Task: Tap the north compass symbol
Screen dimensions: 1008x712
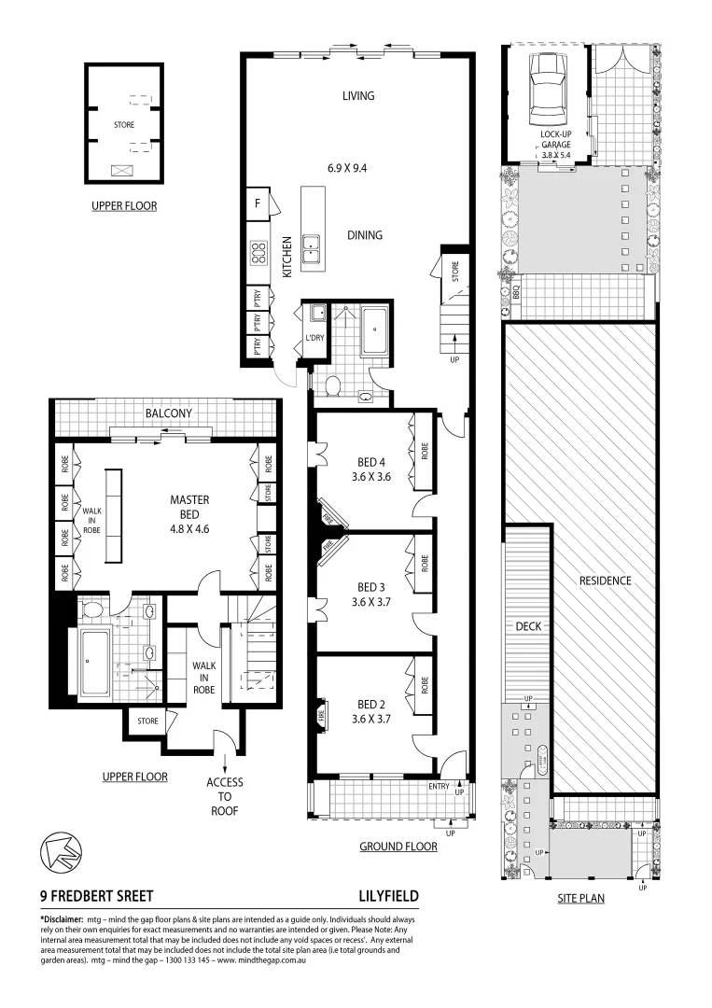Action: (59, 851)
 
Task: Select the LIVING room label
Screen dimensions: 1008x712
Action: (357, 96)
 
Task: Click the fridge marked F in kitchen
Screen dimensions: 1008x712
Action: (257, 203)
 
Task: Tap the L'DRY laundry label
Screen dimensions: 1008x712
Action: (314, 339)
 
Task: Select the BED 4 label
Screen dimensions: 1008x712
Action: (370, 462)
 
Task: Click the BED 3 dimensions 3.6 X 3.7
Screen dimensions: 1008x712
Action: (370, 602)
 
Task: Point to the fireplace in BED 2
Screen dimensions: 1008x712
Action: (322, 717)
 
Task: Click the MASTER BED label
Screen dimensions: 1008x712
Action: (189, 500)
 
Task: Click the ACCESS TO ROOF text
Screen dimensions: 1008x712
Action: (225, 796)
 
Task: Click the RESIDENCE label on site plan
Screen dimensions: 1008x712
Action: (605, 581)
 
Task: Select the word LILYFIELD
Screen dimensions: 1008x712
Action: (388, 896)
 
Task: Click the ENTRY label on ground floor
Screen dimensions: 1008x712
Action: (439, 787)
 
